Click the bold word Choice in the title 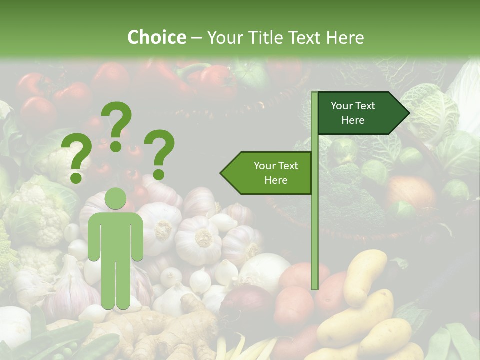(x=156, y=37)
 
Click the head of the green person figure (x=115, y=198)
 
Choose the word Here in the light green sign (x=276, y=180)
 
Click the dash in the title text (x=196, y=38)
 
